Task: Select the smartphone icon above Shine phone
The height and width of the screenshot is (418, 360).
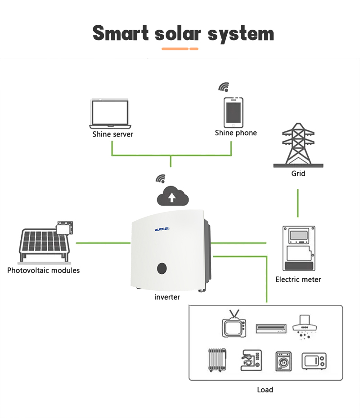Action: click(x=234, y=112)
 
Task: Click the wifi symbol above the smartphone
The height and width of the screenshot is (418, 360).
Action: click(x=224, y=87)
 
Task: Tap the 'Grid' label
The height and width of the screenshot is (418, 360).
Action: click(x=298, y=173)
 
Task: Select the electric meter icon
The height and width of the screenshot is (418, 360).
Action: click(x=298, y=249)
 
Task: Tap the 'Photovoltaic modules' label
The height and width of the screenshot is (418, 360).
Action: click(x=43, y=271)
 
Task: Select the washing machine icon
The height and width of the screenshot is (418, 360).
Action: click(x=283, y=361)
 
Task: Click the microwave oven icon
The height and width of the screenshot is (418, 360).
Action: click(x=314, y=361)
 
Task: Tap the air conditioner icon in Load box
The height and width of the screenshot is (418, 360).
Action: click(x=271, y=329)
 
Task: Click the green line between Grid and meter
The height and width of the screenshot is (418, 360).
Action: click(x=298, y=203)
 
